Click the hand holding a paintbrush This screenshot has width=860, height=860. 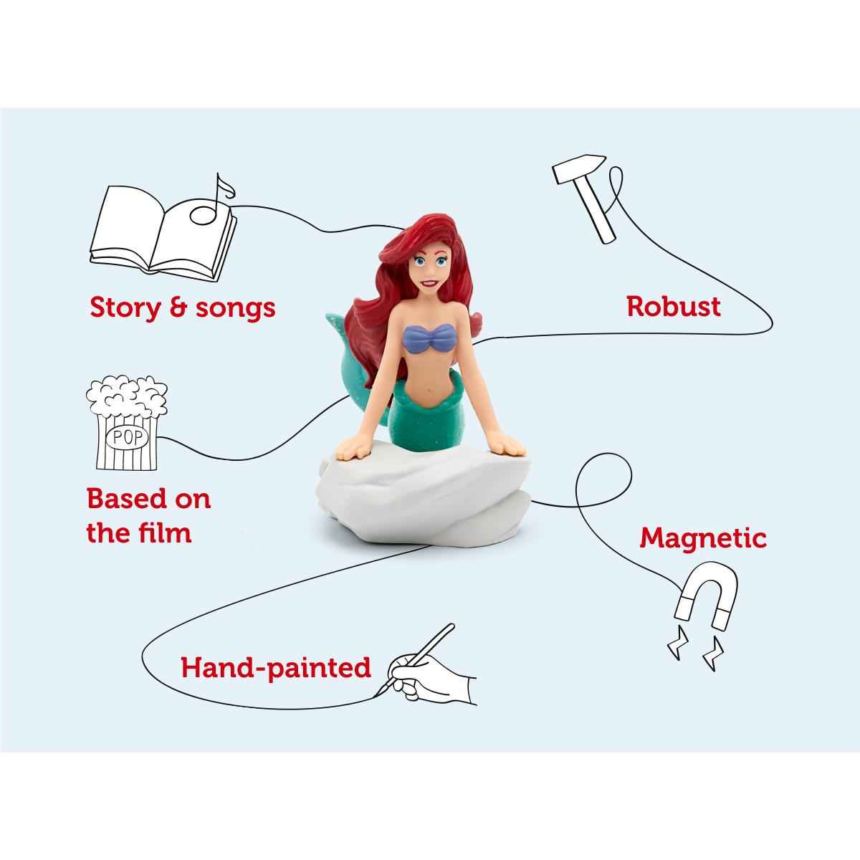(x=430, y=666)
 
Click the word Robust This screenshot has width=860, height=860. (x=673, y=307)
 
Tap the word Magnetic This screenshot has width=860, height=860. (x=702, y=537)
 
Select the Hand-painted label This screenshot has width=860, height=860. (x=276, y=668)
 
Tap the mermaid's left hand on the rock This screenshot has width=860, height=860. (x=510, y=448)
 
